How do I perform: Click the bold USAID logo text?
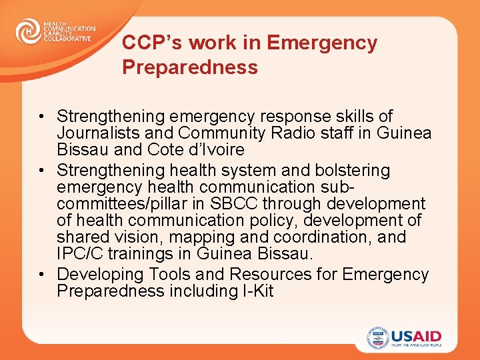[417, 335]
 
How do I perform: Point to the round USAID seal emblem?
[377, 338]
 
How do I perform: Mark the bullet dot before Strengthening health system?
[41, 171]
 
